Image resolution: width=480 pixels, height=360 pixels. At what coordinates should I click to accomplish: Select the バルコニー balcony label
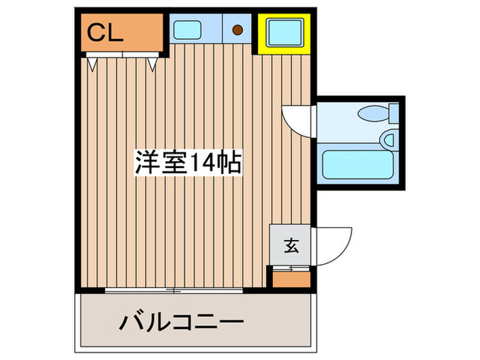click(x=182, y=320)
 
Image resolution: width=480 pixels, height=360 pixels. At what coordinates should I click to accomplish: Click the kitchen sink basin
click(x=187, y=30)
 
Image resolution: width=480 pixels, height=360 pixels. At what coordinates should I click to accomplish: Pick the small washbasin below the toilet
click(x=389, y=141)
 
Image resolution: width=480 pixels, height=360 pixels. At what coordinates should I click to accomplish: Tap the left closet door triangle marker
click(x=92, y=63)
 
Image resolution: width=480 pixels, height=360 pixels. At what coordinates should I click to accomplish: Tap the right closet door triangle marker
click(x=153, y=64)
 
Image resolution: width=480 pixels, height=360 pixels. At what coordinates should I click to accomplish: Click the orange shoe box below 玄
click(x=291, y=278)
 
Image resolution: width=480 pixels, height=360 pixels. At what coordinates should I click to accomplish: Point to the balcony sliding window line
click(x=175, y=291)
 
